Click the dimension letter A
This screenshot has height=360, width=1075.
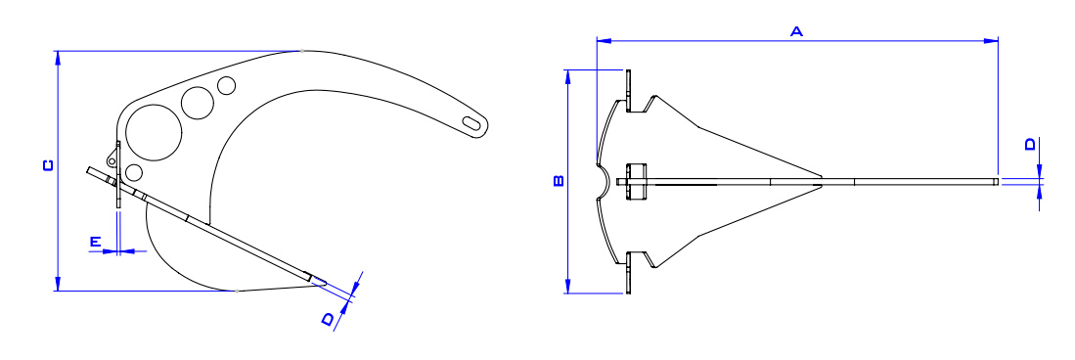(x=796, y=32)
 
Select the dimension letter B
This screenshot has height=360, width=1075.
(x=558, y=180)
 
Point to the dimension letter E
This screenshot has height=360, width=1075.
(x=96, y=240)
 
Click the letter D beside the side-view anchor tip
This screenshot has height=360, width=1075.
(x=330, y=317)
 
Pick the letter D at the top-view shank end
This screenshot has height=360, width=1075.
(x=1030, y=145)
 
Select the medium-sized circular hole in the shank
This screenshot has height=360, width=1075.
(x=198, y=103)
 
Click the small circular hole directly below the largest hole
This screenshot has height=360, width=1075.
(x=135, y=172)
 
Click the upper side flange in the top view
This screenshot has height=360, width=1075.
(x=630, y=90)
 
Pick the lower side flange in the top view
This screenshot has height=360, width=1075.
(x=630, y=271)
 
